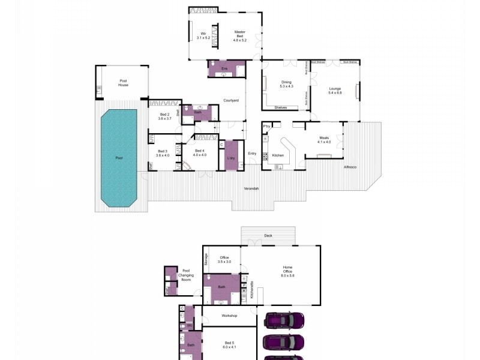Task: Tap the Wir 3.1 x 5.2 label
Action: (x=202, y=35)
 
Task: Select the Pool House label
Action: (x=123, y=83)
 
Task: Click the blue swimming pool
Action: (x=119, y=158)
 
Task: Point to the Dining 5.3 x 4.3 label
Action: (x=286, y=84)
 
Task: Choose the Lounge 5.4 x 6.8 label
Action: (x=334, y=91)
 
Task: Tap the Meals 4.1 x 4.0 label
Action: (x=325, y=140)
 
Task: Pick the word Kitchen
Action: (x=278, y=155)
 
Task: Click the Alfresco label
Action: (x=350, y=166)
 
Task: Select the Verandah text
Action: (x=251, y=189)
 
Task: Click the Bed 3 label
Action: (x=163, y=153)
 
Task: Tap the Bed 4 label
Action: (x=200, y=153)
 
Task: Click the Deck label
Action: (x=268, y=236)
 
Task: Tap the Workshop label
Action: (x=229, y=316)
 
